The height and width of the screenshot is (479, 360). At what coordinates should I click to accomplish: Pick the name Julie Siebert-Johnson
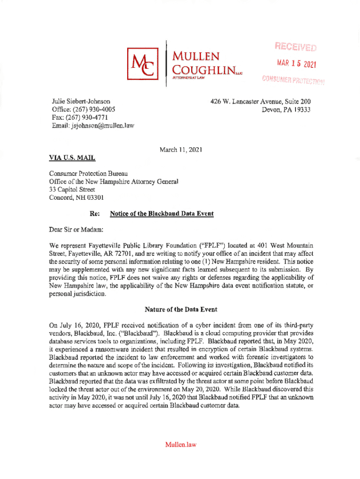(81, 101)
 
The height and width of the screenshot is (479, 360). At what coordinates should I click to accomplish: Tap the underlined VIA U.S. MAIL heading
(72, 159)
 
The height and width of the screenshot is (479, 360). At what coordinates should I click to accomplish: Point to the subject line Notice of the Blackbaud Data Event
(161, 214)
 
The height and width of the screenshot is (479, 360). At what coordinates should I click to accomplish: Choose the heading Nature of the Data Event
(181, 310)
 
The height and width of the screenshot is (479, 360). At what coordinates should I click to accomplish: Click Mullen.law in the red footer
(180, 445)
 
